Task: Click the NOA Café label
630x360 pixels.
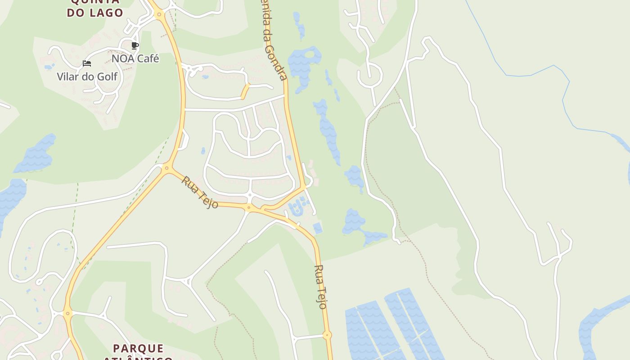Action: coord(135,58)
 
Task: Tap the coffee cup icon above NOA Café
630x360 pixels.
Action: coord(135,46)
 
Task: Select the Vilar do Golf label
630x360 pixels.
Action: coord(87,76)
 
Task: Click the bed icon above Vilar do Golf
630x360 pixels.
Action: coord(87,63)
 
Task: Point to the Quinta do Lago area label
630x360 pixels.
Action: coord(95,8)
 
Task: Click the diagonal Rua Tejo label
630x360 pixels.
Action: coord(200,192)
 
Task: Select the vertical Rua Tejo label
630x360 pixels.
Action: coord(319,287)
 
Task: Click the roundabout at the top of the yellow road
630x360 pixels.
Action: coord(159,14)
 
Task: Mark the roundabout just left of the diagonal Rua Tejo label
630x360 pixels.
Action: coord(167,169)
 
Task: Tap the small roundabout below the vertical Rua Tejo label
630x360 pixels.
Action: coord(327,335)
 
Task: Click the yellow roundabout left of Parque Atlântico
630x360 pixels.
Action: coord(67,313)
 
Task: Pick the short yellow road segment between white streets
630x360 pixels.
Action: coord(245,91)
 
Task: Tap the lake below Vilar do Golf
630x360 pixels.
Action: coord(36,153)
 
